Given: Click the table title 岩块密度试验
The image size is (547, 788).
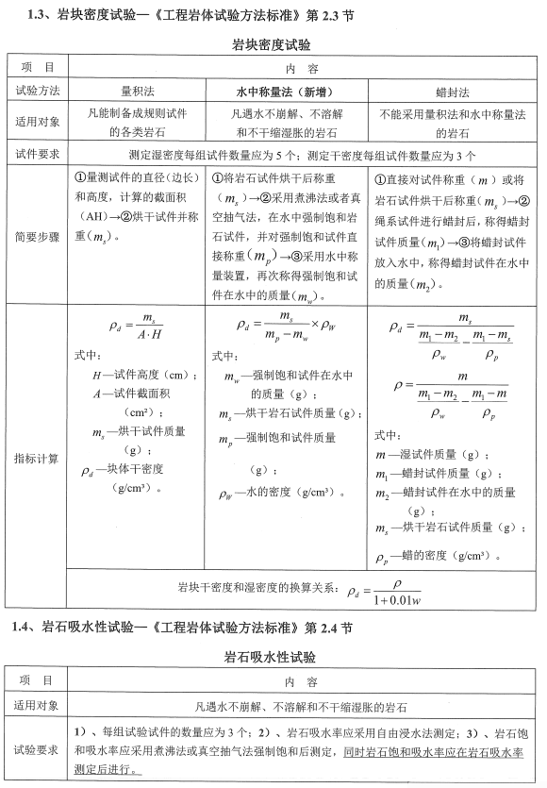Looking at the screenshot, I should click(272, 44).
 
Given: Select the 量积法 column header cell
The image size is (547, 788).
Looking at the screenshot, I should click(138, 92).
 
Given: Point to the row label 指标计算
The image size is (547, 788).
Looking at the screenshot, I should click(37, 459).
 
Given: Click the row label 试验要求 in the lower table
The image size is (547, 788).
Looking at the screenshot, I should click(37, 749).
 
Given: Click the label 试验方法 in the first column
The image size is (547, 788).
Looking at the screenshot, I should click(37, 92).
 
